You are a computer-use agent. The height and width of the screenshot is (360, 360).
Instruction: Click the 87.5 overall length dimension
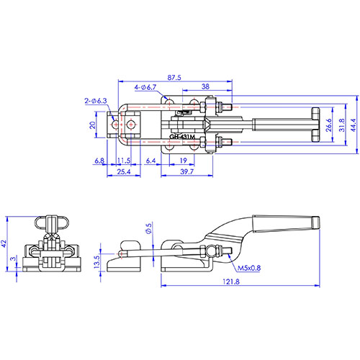tap(174, 78)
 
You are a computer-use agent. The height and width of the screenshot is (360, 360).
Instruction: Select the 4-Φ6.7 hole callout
tap(145, 87)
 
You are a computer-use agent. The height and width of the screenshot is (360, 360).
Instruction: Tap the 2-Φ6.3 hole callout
tap(96, 101)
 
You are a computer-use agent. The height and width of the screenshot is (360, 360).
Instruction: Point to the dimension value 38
tap(205, 86)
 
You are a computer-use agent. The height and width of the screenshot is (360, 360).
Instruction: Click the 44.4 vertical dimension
tap(354, 125)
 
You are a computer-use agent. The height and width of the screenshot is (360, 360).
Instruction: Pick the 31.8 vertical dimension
tap(342, 125)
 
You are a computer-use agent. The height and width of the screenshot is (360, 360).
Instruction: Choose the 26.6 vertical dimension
tap(329, 125)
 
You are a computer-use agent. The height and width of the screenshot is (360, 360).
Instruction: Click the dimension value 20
tap(93, 125)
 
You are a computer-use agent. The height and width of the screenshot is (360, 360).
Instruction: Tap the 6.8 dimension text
tap(99, 161)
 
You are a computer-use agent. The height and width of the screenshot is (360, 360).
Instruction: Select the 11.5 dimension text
tap(124, 161)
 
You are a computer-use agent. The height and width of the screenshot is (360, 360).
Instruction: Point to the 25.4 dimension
tap(124, 171)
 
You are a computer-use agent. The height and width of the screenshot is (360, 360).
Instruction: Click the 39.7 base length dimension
tap(186, 171)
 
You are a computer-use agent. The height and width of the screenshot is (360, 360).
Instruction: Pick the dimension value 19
tap(184, 161)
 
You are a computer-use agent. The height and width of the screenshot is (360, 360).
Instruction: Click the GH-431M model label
tap(182, 137)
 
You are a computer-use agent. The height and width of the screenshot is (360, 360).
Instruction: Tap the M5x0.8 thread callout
tap(249, 268)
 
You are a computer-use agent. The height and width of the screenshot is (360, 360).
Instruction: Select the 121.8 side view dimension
tap(231, 282)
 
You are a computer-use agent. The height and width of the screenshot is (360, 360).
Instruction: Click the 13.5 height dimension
tap(96, 262)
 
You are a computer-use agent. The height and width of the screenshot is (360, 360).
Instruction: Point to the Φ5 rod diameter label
tap(149, 228)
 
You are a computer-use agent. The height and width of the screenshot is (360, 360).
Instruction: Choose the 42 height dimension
tap(4, 244)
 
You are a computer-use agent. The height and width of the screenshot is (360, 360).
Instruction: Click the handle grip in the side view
tap(286, 224)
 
